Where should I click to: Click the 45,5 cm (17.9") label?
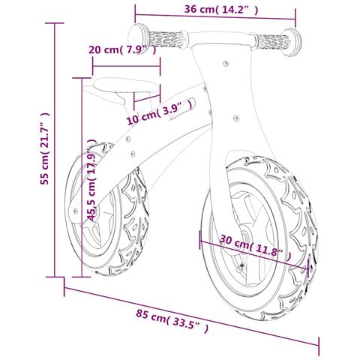(91, 179)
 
